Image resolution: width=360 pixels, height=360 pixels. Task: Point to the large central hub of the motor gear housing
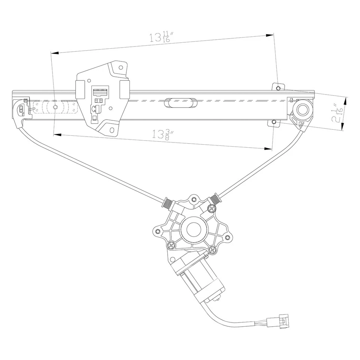[x=193, y=229]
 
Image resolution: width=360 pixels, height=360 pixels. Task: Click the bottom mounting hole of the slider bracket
[x=111, y=130]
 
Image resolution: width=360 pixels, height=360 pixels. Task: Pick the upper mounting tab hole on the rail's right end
[x=277, y=88]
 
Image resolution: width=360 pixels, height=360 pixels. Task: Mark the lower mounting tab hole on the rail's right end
[x=274, y=122]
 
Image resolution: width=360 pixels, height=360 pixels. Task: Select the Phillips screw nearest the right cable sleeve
[x=213, y=208]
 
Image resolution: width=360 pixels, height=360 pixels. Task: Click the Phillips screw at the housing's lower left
[x=171, y=246]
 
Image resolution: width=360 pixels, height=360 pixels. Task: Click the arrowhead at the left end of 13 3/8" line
[x=57, y=134]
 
